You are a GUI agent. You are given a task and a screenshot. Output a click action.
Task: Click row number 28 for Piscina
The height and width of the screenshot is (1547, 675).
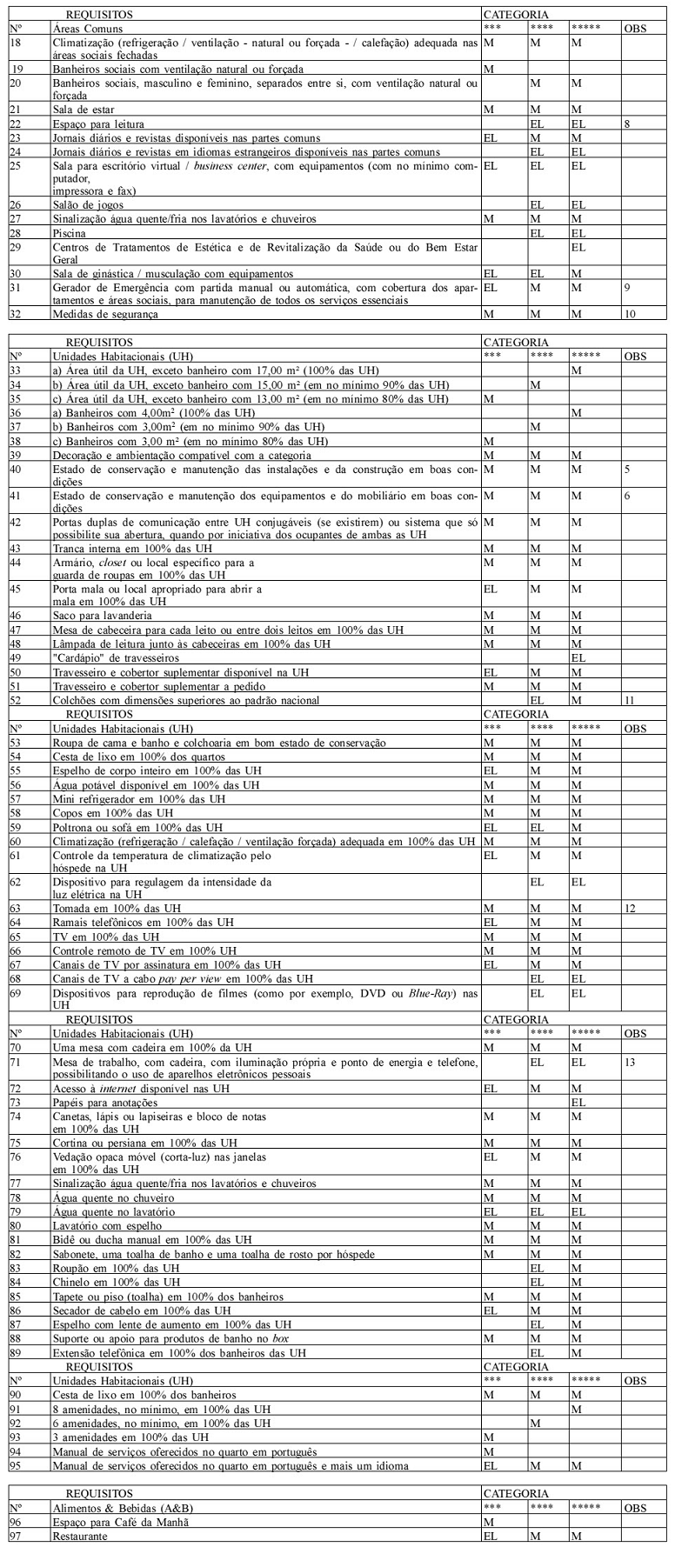15,233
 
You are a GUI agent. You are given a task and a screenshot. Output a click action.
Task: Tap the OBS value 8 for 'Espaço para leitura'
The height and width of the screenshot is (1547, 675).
627,124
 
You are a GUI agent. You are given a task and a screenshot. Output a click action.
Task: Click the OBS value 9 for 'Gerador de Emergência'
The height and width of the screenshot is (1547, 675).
627,286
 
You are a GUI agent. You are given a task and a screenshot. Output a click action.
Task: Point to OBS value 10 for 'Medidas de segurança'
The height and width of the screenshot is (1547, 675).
630,314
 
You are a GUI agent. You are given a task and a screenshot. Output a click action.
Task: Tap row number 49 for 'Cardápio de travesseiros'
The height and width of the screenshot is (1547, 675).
15,657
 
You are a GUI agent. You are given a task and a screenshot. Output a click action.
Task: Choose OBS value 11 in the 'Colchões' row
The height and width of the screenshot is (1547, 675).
629,699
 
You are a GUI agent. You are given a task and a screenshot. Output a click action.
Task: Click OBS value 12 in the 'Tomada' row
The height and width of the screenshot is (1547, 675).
630,908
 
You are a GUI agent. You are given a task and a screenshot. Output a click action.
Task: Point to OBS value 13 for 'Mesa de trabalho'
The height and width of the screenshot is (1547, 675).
630,1062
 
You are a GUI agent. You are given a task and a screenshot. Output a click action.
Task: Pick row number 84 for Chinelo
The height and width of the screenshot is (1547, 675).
15,1281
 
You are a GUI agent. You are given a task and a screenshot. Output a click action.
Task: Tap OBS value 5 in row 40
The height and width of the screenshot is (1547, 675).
626,470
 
